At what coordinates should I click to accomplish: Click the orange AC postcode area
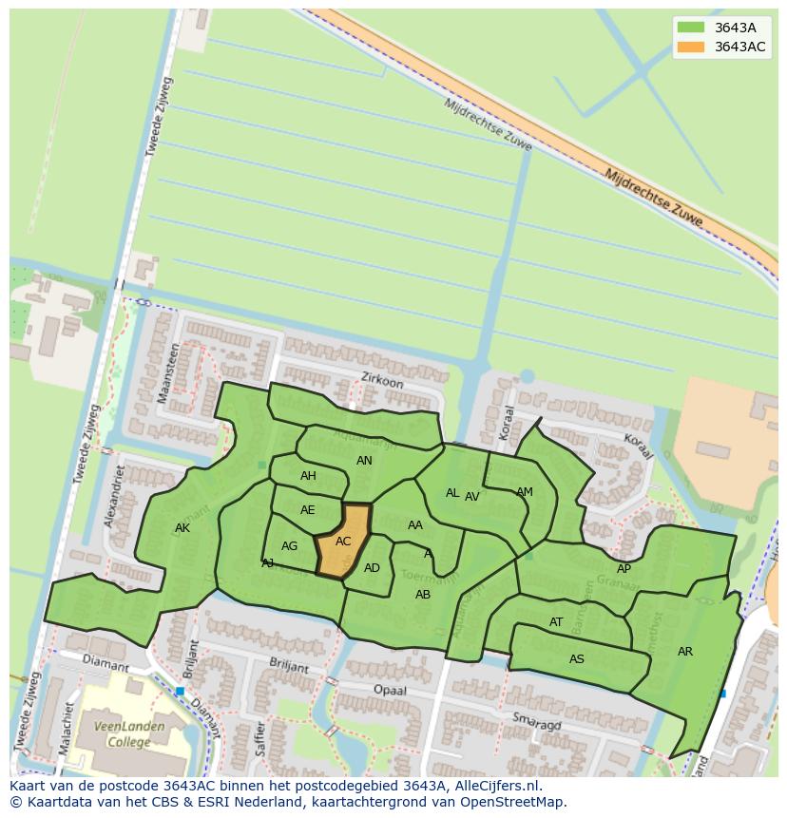(342, 542)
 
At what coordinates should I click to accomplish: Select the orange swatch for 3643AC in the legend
(691, 47)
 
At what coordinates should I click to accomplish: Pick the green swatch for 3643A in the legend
(691, 28)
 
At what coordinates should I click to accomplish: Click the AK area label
(182, 528)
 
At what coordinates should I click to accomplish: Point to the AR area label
(685, 652)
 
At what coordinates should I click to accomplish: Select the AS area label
(577, 659)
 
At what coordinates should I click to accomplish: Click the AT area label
(556, 622)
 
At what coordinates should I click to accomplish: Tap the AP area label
(624, 569)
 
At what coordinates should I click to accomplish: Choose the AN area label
(364, 461)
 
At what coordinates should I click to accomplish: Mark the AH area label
(308, 476)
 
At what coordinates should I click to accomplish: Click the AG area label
(290, 546)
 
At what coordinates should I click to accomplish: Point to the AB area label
(423, 595)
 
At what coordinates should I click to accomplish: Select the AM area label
(525, 492)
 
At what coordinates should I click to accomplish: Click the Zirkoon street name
(382, 380)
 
